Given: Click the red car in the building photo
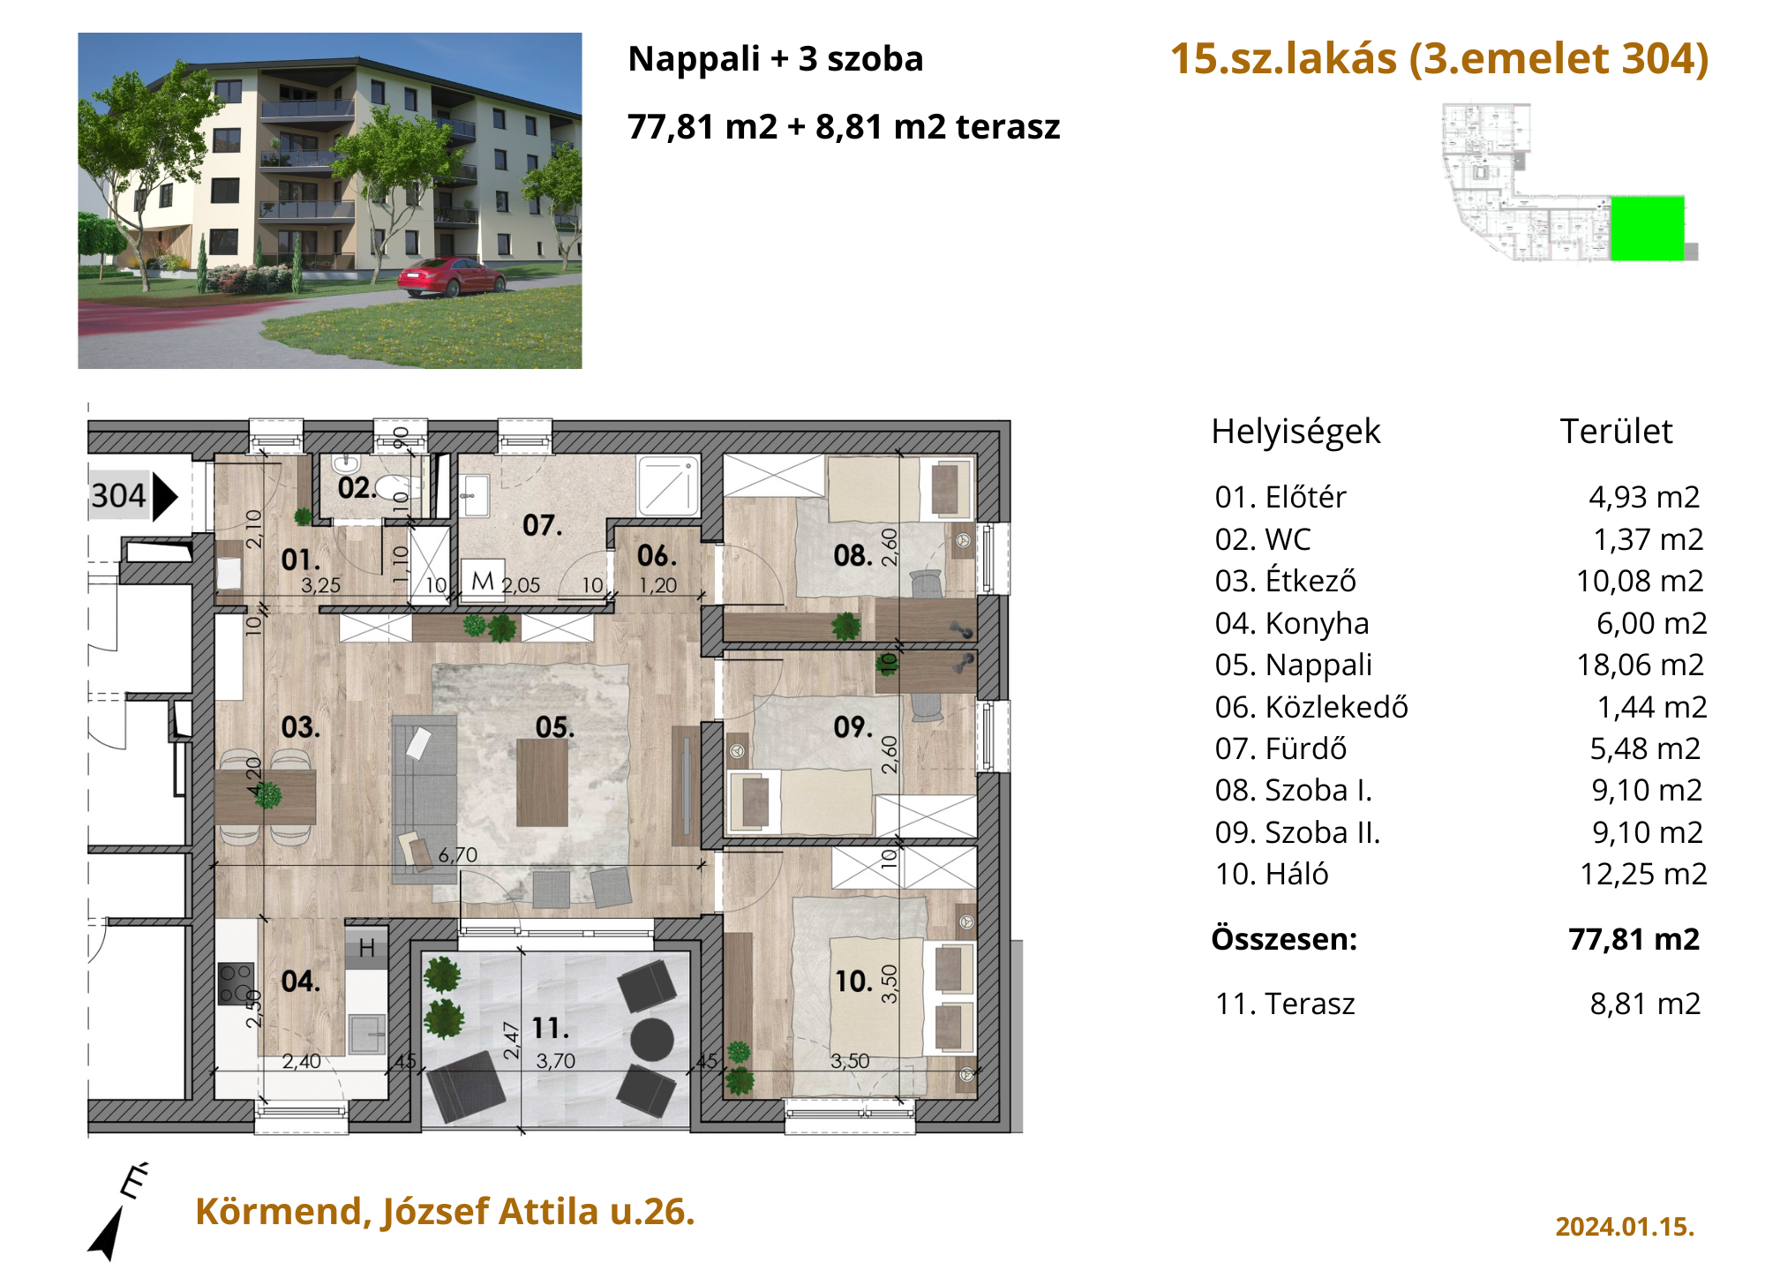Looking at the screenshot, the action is click(451, 276).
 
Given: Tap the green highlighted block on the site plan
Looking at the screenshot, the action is click(1647, 229).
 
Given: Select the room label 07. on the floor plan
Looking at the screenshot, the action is click(542, 526).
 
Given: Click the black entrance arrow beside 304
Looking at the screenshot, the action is click(165, 497).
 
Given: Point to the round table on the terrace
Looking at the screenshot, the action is click(653, 1039).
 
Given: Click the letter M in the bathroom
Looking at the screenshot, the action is click(483, 581).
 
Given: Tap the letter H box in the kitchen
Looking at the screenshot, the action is click(367, 948).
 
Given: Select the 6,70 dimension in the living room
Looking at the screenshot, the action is click(458, 854).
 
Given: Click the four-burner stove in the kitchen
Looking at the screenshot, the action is click(236, 983).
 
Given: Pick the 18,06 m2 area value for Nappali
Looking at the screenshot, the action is click(1641, 665).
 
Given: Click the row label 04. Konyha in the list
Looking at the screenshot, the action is click(1292, 623).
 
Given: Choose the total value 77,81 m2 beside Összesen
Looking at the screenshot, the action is click(1634, 939).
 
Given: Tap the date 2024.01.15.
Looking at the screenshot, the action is click(1625, 1227).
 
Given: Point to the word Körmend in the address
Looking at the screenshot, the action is click(279, 1213).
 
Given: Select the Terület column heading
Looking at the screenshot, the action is click(1616, 432).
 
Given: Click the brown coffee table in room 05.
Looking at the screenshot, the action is click(542, 782).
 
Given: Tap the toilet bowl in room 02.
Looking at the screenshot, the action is click(393, 486).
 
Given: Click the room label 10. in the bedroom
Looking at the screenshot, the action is click(854, 981).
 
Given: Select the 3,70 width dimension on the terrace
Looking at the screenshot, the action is click(556, 1061).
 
